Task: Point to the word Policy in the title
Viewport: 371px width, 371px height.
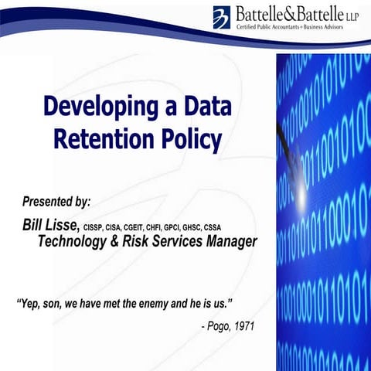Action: (190, 140)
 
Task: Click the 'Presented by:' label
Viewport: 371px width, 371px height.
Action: (56, 201)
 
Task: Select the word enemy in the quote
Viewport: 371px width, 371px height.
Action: (155, 298)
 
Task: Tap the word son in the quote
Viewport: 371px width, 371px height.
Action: (60, 298)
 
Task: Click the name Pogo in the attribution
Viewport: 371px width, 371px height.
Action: (220, 325)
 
